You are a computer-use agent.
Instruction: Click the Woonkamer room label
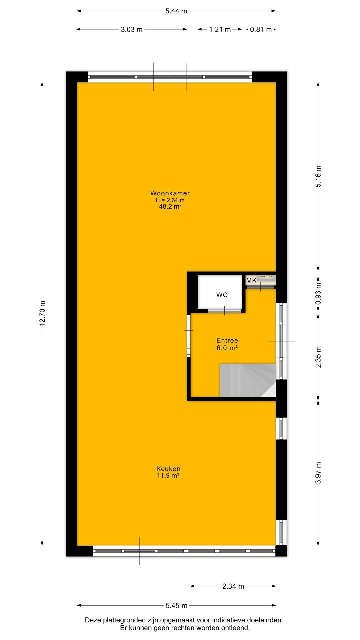click(x=170, y=193)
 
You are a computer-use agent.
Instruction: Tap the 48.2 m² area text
click(x=170, y=207)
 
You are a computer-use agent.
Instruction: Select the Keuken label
click(x=168, y=469)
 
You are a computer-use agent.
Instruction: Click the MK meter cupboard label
click(x=251, y=280)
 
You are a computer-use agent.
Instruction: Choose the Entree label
click(x=227, y=340)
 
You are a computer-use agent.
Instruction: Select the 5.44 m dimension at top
click(x=176, y=11)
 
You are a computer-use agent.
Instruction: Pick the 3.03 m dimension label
click(x=132, y=29)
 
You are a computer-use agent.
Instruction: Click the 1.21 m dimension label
click(x=220, y=29)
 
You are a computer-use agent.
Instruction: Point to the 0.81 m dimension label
click(x=261, y=29)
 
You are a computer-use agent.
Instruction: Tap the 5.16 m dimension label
click(x=318, y=176)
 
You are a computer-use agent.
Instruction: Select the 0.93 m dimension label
click(x=318, y=294)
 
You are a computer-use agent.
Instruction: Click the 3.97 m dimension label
click(x=318, y=473)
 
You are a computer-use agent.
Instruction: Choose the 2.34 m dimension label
click(x=233, y=586)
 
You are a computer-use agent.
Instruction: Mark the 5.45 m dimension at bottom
click(x=177, y=606)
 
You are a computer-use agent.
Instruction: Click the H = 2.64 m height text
click(x=170, y=200)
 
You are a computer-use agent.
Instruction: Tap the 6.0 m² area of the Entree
click(x=227, y=348)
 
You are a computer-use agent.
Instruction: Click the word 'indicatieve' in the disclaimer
click(x=229, y=620)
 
